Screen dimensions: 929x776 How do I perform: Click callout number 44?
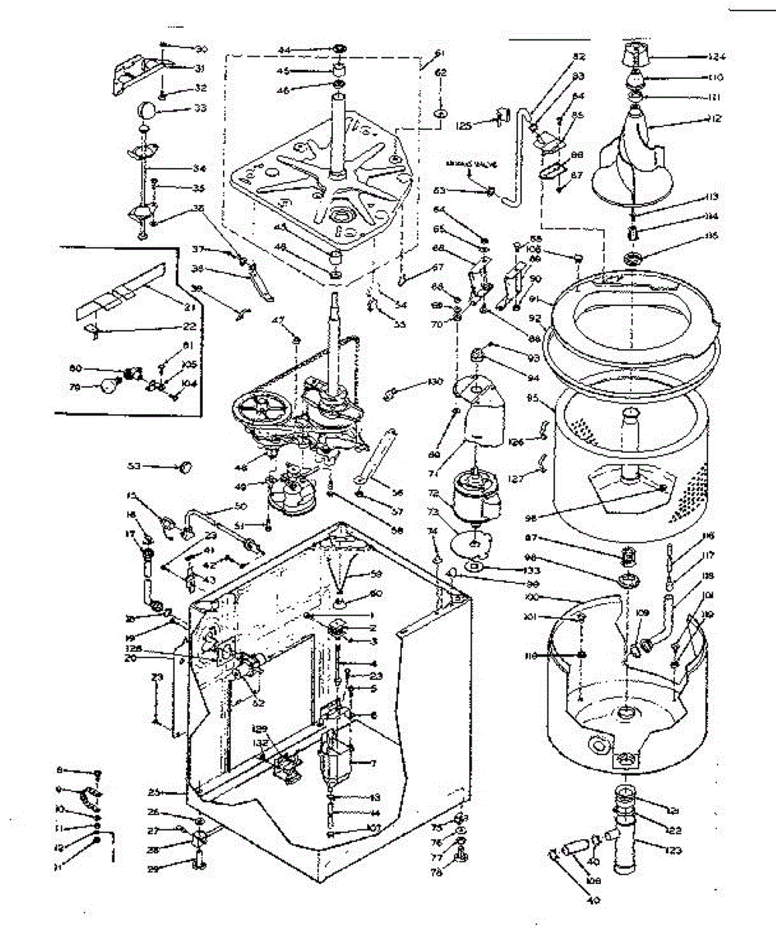tap(283, 50)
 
